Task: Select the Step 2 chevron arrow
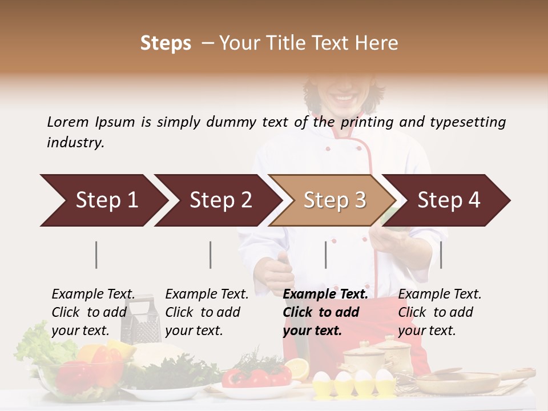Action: pos(219,200)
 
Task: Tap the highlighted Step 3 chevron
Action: pos(333,200)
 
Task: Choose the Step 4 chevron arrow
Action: pos(448,200)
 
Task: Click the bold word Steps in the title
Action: pos(166,43)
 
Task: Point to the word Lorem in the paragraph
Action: pos(68,122)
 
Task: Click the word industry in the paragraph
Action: pos(75,143)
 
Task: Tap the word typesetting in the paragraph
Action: pos(468,122)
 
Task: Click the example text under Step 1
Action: pos(93,312)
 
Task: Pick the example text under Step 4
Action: pos(440,312)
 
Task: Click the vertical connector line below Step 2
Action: pos(211,255)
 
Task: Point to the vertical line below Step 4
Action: pos(441,255)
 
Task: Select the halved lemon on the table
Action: pos(297,368)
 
